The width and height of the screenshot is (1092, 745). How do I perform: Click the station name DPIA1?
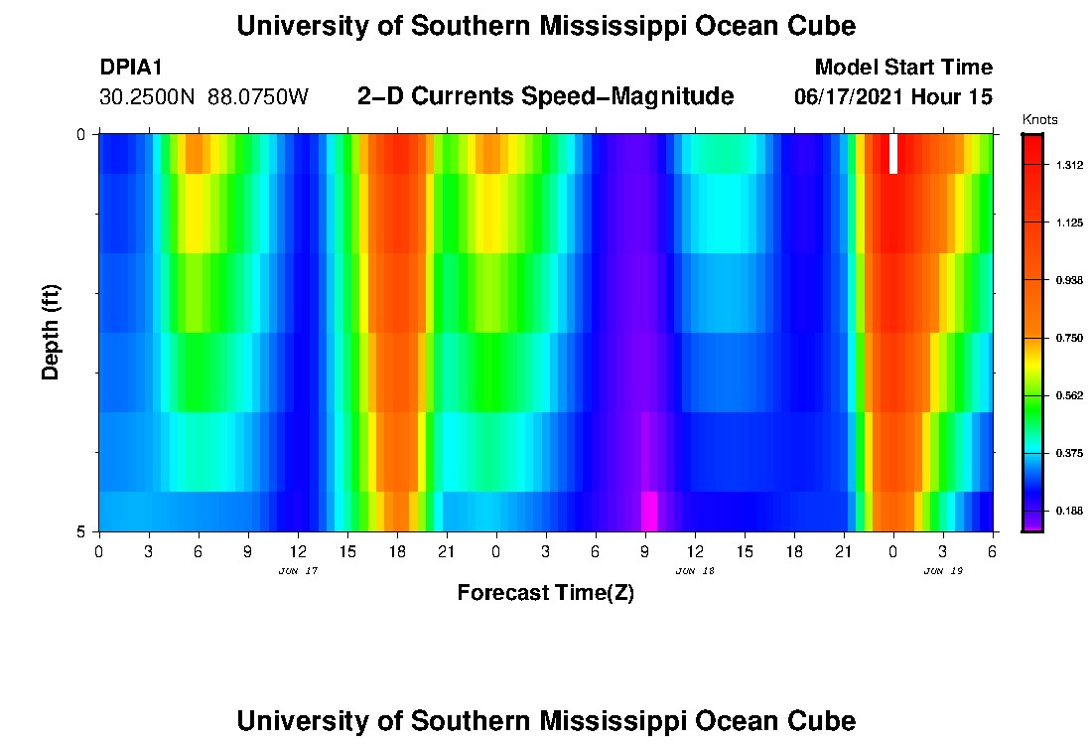click(x=131, y=68)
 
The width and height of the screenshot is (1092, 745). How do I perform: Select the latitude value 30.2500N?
click(x=150, y=97)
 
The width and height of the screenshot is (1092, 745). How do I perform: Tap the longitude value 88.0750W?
click(x=259, y=97)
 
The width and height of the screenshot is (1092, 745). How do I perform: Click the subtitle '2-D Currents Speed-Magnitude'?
click(x=545, y=96)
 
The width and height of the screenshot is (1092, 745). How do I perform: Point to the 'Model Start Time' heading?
click(x=902, y=68)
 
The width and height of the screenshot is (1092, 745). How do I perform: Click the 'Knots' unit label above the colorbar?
click(x=1039, y=120)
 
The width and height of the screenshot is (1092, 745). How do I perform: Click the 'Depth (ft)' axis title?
click(x=52, y=333)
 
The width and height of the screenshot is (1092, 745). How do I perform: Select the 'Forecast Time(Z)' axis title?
click(x=545, y=593)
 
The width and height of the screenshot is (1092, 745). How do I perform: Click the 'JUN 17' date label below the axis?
click(x=298, y=571)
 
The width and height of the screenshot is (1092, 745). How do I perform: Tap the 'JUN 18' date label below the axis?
click(x=695, y=571)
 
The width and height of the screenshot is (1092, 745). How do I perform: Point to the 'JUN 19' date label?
click(x=943, y=571)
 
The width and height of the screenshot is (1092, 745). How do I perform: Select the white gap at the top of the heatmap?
click(x=893, y=154)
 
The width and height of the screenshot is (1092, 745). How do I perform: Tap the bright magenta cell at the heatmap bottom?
click(x=648, y=511)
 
